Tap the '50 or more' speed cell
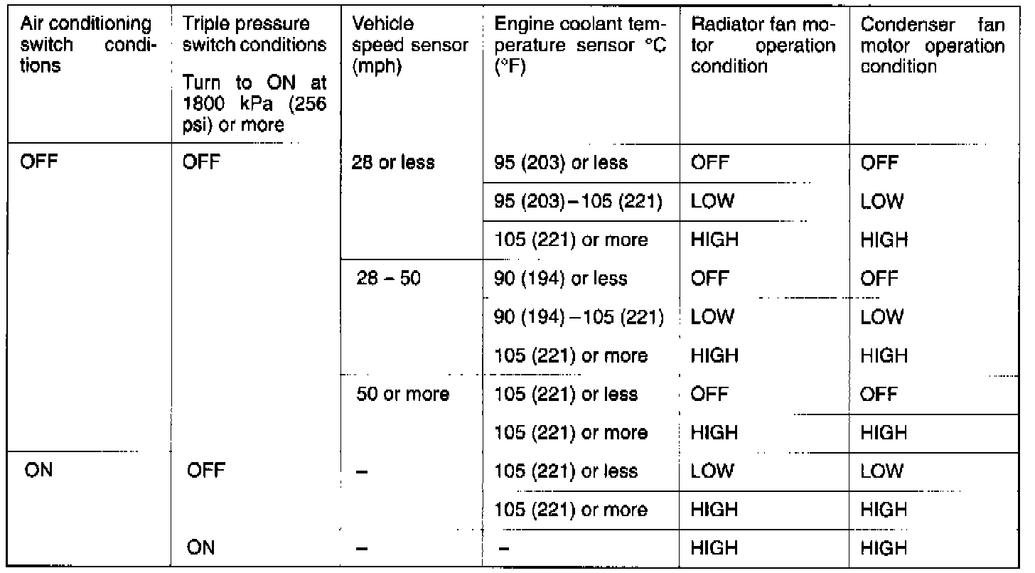click(x=403, y=394)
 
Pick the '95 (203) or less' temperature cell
click(x=561, y=164)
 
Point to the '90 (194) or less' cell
click(x=561, y=279)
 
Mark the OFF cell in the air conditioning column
click(x=41, y=164)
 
